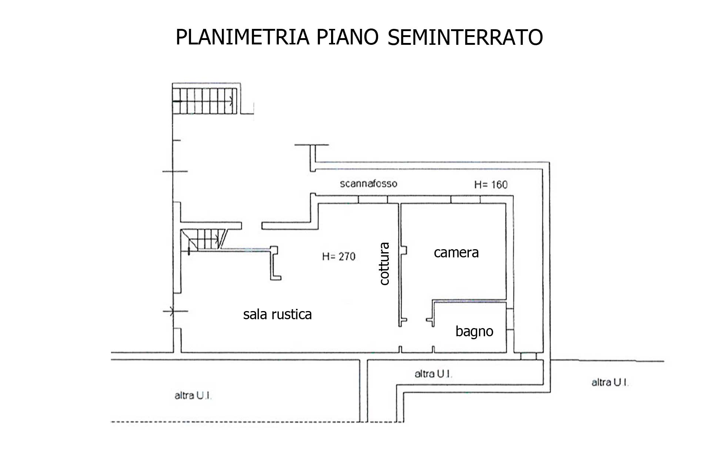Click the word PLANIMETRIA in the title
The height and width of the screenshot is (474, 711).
point(242,37)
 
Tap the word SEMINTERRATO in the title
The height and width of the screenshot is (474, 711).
point(465,37)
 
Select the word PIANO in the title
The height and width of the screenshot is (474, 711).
point(347,37)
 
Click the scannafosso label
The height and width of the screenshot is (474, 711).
point(368,183)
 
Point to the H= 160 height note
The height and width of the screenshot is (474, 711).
point(491,184)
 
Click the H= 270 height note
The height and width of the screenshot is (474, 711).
point(338,256)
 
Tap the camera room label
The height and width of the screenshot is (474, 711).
point(456,253)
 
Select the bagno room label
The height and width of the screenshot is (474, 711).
point(474,331)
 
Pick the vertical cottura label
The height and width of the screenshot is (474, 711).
point(385,264)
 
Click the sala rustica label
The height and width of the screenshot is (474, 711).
point(277,314)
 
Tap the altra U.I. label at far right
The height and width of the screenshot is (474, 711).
point(610,382)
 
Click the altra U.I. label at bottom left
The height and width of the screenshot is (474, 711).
point(193,395)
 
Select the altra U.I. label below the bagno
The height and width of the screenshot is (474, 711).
point(433,374)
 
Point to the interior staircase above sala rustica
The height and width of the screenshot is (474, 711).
point(206,240)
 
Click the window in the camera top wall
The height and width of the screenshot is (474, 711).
point(465,200)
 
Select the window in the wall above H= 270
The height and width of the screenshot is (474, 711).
point(373,200)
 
